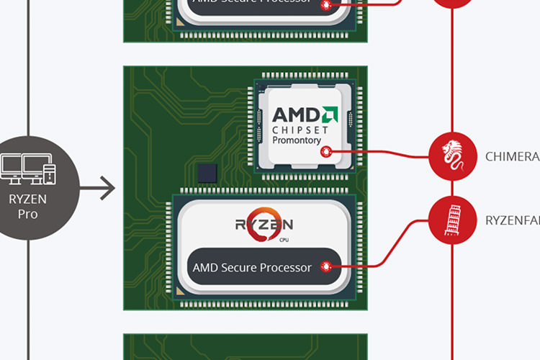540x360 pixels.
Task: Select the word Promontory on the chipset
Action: point(296,140)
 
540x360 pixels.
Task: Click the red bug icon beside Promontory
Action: point(326,151)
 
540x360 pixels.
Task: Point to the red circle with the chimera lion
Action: point(453,156)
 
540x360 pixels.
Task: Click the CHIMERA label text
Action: point(512,156)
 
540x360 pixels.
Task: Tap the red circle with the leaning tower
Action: point(453,220)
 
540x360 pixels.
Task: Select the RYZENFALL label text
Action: point(512,220)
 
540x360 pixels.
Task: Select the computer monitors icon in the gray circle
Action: point(28,170)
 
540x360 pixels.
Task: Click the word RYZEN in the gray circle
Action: point(28,199)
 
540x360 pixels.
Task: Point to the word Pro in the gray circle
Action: point(28,214)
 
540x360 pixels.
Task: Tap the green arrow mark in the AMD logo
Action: point(329,114)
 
